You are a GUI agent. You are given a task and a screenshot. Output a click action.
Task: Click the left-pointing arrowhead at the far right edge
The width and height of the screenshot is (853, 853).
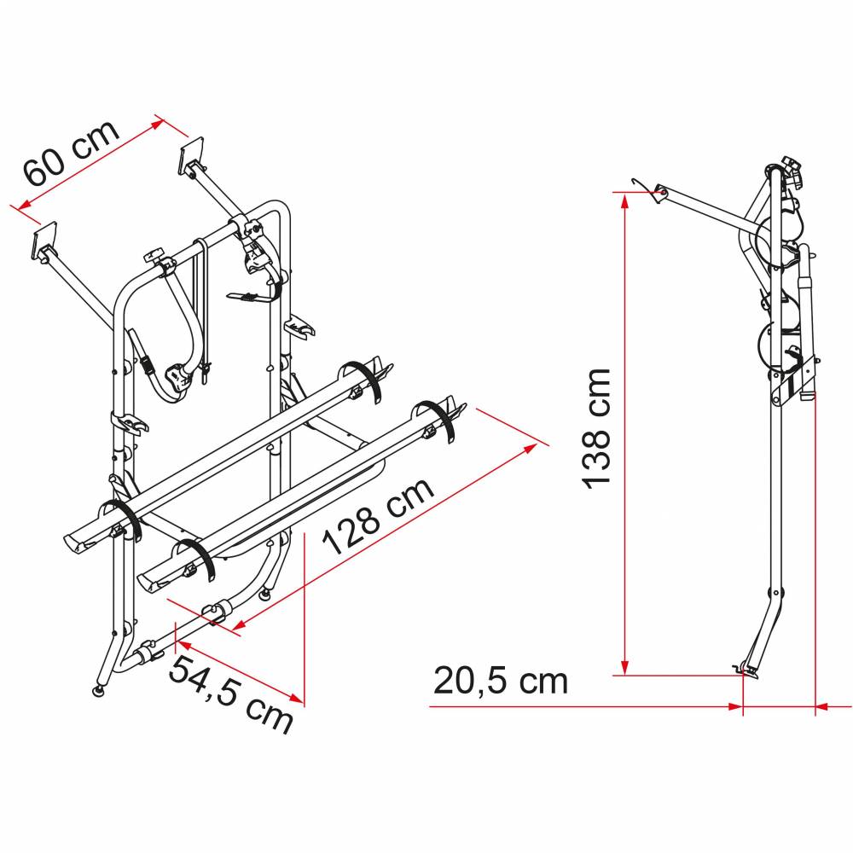pos(822,706)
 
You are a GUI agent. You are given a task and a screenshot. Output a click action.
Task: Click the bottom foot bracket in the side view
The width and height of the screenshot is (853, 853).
pos(747,670)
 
